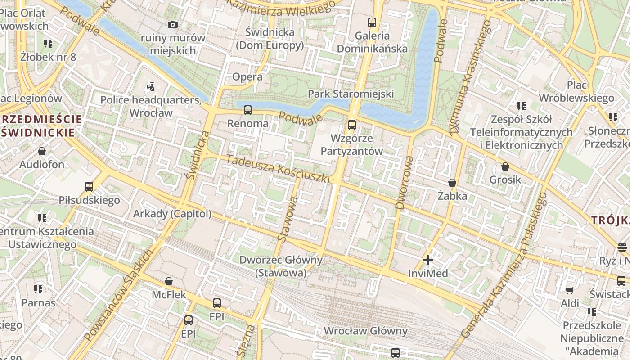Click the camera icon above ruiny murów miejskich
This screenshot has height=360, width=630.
click(x=172, y=24)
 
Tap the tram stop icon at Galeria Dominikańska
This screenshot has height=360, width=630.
click(x=372, y=22)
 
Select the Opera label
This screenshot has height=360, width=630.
click(x=247, y=77)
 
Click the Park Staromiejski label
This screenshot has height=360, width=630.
click(x=351, y=94)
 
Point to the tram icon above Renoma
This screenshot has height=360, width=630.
click(x=247, y=110)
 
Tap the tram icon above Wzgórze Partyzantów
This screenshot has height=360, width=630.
click(x=351, y=125)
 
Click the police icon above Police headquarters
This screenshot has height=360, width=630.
click(x=151, y=86)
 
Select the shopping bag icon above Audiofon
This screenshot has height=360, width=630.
click(x=42, y=151)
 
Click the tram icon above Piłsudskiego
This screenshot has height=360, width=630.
click(x=89, y=186)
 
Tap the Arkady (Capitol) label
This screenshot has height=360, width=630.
click(x=172, y=213)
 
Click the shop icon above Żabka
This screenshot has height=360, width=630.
click(x=452, y=183)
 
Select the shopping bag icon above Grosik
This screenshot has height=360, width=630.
click(x=505, y=166)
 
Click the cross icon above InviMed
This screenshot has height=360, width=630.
click(x=428, y=260)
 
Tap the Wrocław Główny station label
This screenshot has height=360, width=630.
click(x=365, y=331)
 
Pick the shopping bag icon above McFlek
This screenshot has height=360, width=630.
click(x=169, y=281)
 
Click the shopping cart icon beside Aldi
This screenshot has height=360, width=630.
click(x=569, y=290)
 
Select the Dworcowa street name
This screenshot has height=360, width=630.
click(x=405, y=182)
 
